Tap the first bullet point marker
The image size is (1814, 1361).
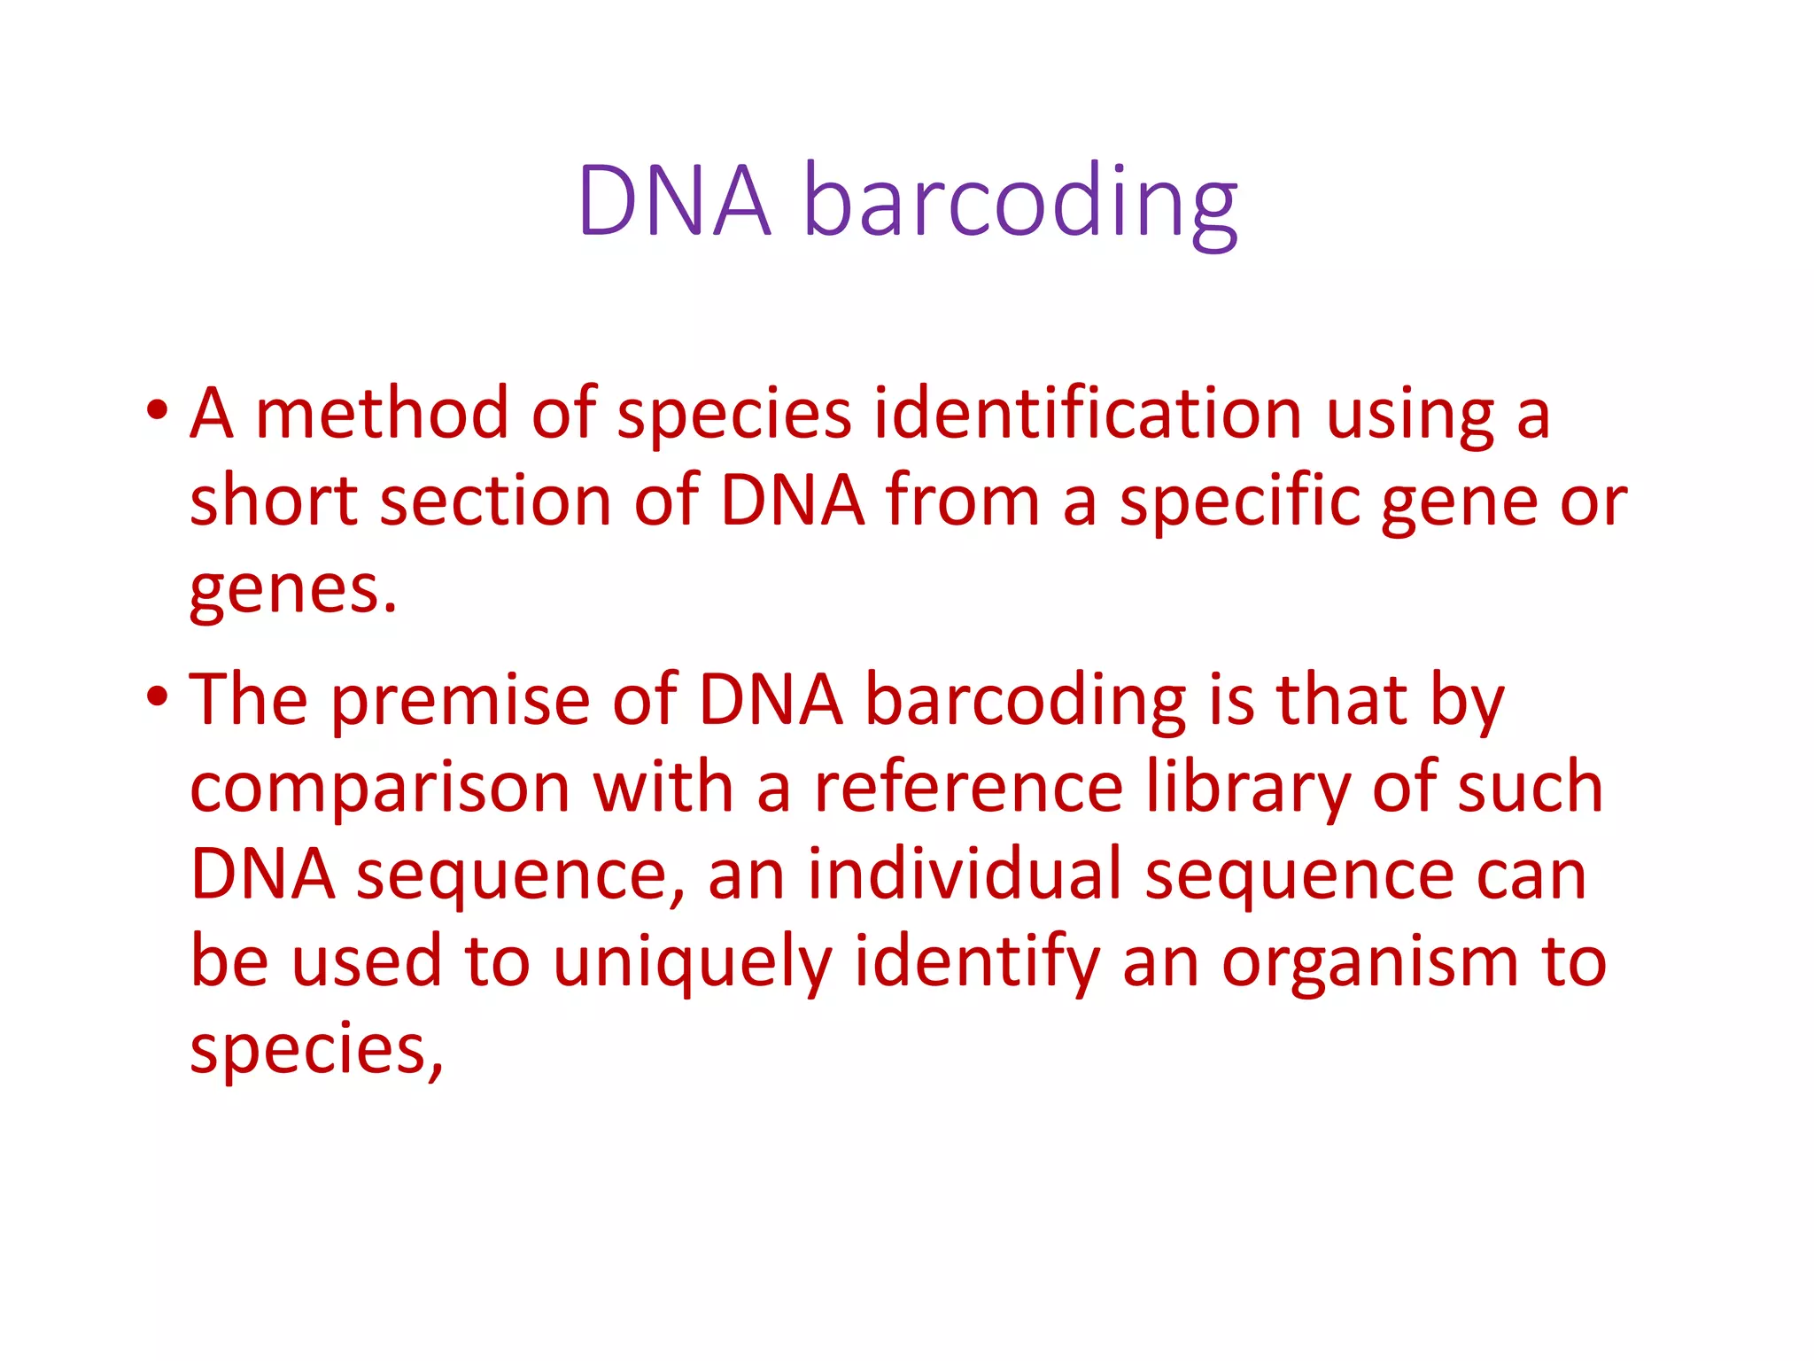[158, 411]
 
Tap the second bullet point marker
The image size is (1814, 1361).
[158, 697]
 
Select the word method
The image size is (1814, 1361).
[382, 414]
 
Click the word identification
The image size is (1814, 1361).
[1088, 414]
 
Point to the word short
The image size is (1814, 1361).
[274, 501]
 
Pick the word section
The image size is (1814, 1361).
[495, 501]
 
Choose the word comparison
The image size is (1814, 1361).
[380, 789]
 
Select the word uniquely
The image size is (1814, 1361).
[693, 964]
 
